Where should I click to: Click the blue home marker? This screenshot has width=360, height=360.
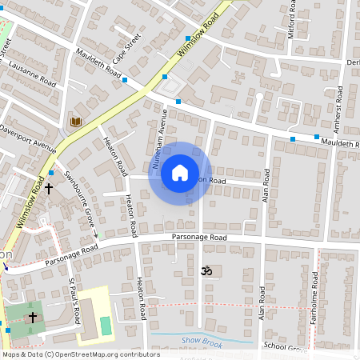[180, 173]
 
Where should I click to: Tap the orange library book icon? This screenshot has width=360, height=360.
[76, 121]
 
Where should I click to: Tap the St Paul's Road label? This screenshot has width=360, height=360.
[74, 300]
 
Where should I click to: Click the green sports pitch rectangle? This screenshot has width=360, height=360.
[106, 326]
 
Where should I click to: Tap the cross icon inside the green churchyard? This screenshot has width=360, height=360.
[33, 318]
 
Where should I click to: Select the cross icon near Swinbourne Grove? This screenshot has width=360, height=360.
[49, 190]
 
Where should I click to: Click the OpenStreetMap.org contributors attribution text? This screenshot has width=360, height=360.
[108, 354]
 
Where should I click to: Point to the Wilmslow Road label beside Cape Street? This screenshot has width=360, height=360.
[198, 38]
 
